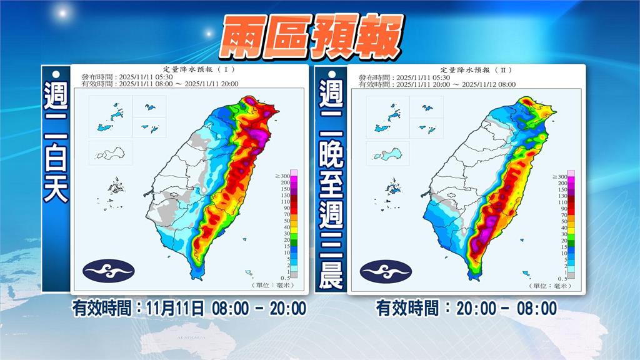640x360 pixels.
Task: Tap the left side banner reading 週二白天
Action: tap(56, 143)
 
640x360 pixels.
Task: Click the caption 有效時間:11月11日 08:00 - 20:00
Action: tap(189, 309)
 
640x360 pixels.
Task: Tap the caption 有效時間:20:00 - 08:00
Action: tap(466, 309)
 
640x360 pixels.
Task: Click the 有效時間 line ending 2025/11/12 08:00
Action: tap(437, 84)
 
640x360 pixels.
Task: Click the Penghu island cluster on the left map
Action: tap(116, 186)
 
